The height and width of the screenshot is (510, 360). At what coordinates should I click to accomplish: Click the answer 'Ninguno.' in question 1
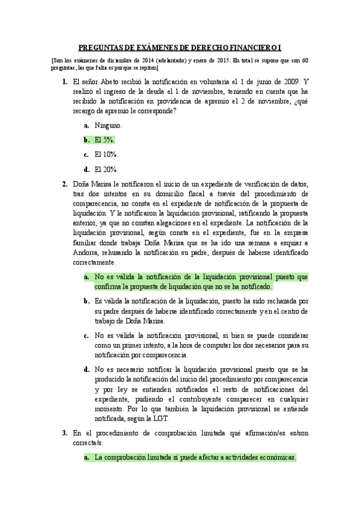point(108,125)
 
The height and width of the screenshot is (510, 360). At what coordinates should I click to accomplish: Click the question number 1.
point(64,81)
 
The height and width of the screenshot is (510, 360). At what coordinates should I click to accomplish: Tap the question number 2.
point(64,184)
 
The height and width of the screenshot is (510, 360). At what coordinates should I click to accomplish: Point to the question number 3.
point(64,432)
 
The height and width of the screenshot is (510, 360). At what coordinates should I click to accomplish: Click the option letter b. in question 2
point(87,301)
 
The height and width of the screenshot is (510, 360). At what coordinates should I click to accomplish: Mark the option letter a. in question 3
point(87,458)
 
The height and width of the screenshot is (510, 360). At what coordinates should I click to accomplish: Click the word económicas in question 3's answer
point(276,458)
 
